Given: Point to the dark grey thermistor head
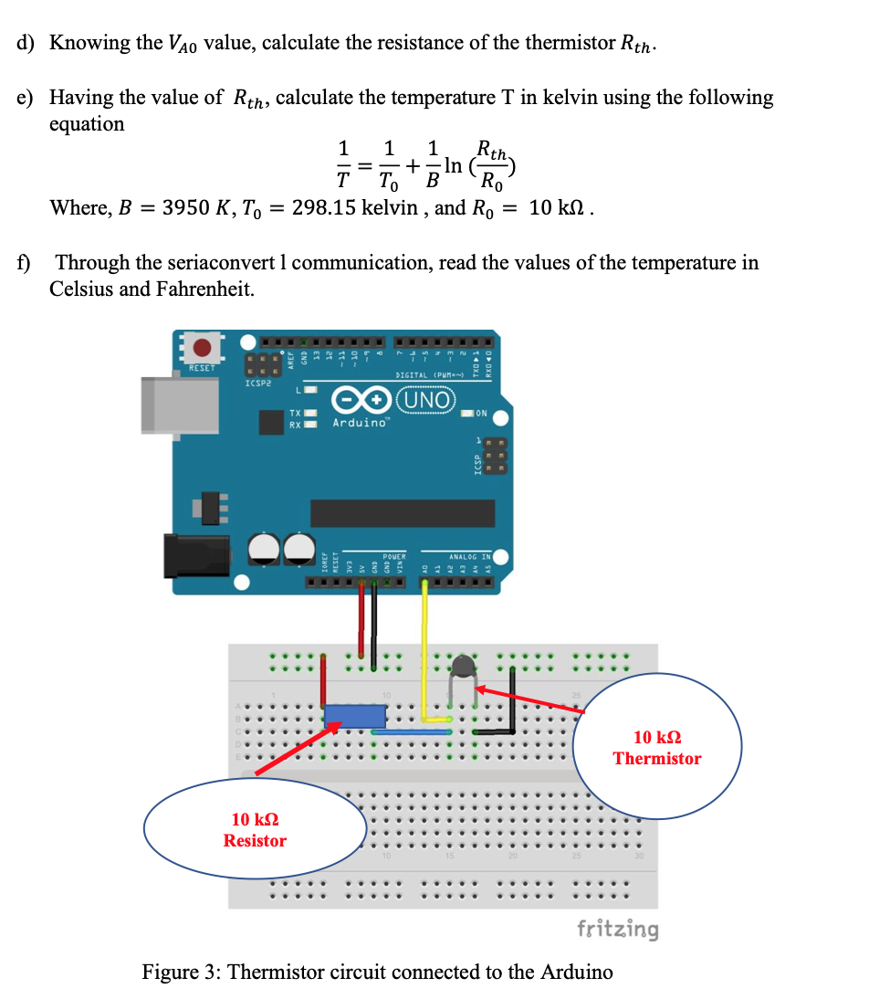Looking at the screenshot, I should [466, 667].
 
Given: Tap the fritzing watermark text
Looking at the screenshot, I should [617, 929].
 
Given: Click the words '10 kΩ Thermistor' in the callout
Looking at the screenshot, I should [657, 748].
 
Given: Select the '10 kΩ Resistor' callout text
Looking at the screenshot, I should [255, 830].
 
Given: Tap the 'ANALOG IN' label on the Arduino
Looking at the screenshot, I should [469, 556].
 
